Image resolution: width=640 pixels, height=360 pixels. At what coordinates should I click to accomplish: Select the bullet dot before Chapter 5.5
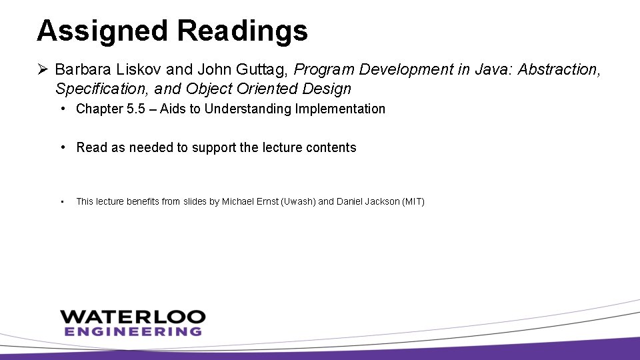tap(61, 109)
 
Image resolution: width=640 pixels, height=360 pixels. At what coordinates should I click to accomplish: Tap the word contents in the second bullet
tap(331, 147)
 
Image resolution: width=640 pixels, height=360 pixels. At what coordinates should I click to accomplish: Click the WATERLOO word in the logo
tap(132, 316)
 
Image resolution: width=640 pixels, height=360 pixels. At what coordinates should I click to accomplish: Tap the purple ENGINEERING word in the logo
tap(132, 331)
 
